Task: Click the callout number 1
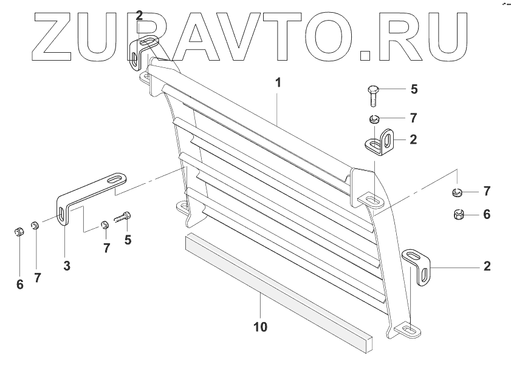coord(278,82)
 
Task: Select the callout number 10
coord(260,327)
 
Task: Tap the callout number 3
coord(67,265)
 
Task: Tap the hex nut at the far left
coord(18,232)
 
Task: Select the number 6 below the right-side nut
coord(487,215)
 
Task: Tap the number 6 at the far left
coord(20,284)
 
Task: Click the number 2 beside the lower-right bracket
coord(487,266)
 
